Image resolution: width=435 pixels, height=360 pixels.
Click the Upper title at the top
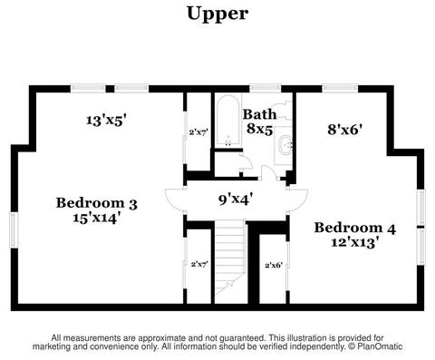pos(217,15)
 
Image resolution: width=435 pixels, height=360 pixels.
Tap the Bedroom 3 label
pos(97,203)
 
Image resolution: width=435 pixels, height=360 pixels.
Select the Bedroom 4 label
pos(355,228)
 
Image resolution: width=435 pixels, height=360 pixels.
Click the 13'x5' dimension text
pos(106,121)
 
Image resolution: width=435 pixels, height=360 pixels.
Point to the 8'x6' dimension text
pos(345,130)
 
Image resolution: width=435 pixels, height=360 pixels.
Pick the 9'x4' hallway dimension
pos(236,199)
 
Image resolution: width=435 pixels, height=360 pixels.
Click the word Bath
pos(260,114)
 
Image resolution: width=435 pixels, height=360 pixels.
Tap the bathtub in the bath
pos(228,122)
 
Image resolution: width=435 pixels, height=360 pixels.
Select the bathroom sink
pos(285,145)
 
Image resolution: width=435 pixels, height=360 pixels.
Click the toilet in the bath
pos(285,111)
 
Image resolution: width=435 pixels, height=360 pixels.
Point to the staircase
pos(229,261)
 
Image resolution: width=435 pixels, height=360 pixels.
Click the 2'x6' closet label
pos(274,266)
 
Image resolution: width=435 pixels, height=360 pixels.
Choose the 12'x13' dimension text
pos(355,242)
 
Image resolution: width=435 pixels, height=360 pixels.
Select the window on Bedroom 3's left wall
pos(14,229)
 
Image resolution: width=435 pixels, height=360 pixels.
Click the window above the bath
pos(266,89)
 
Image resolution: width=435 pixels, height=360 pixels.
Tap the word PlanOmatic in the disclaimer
pos(380,346)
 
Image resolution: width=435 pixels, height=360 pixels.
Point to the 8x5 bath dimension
pos(260,129)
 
